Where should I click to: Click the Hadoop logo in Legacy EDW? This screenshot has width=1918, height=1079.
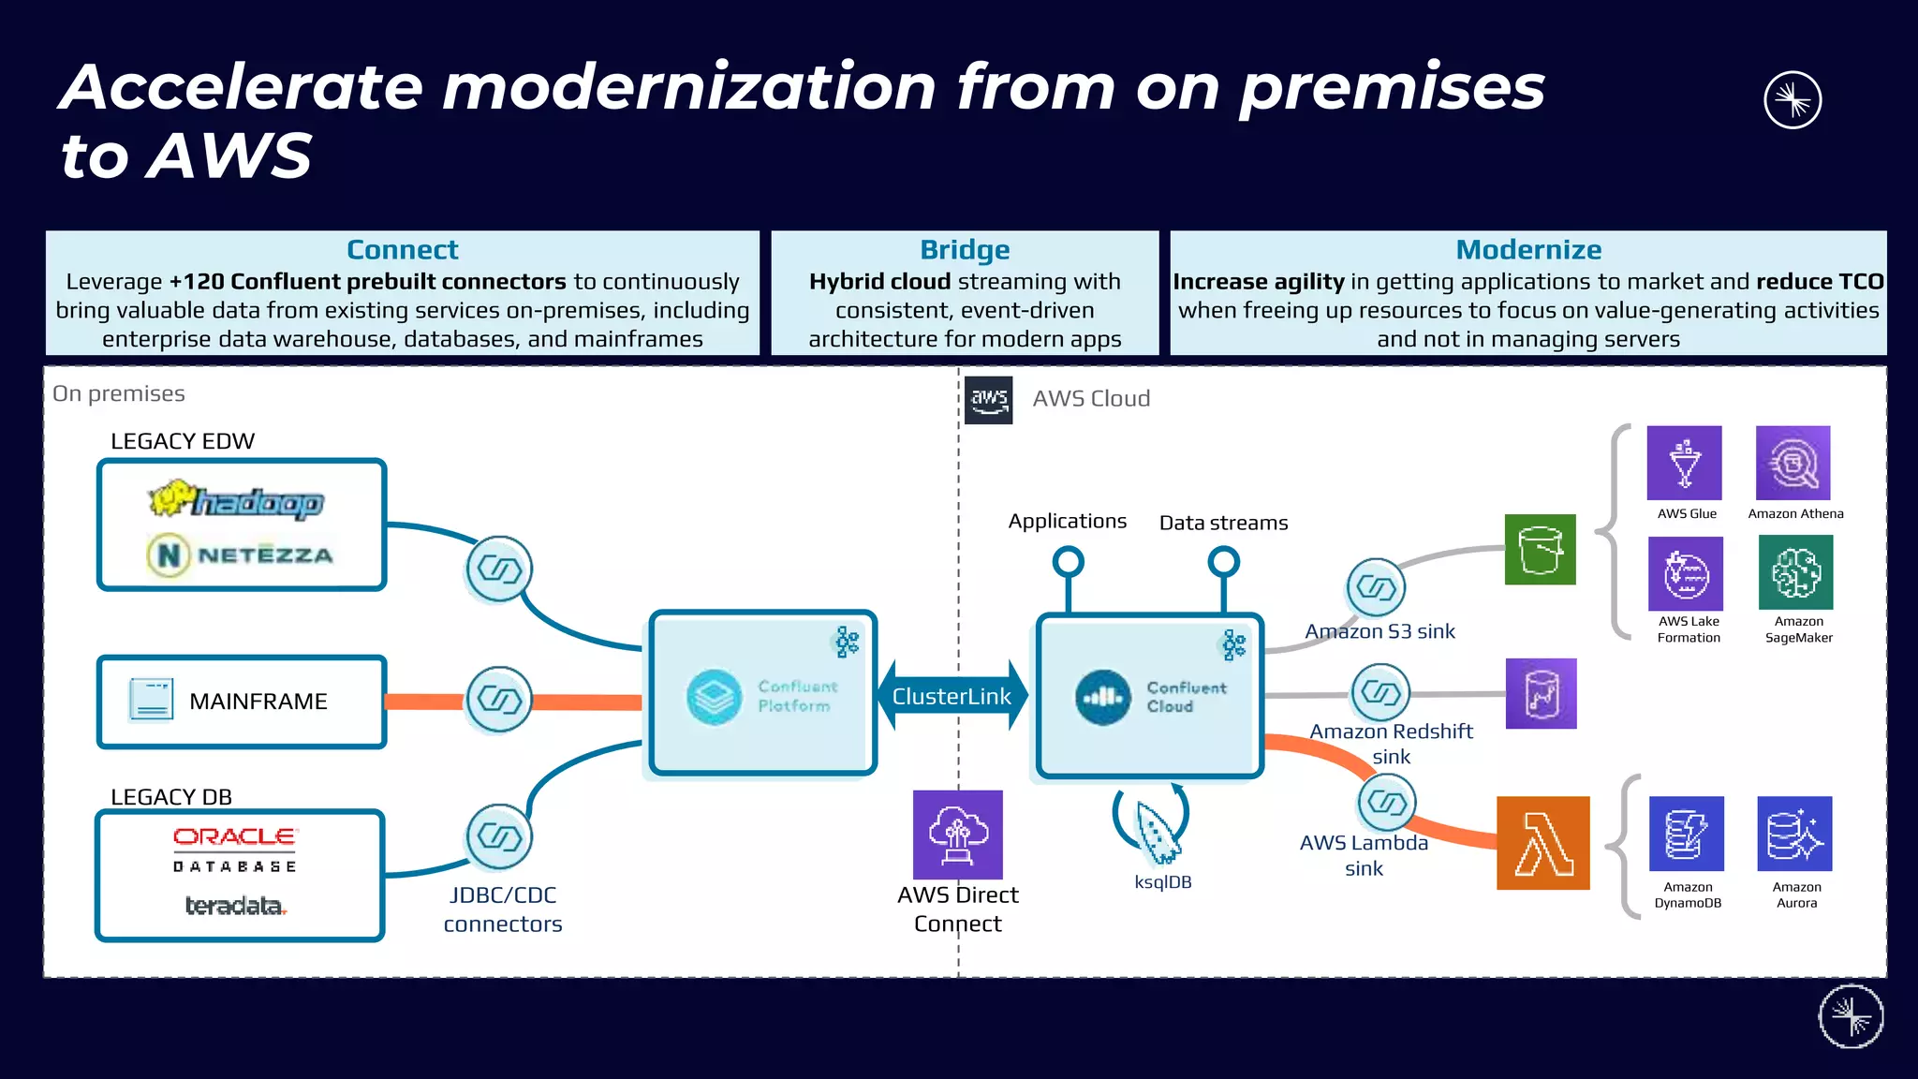tap(236, 500)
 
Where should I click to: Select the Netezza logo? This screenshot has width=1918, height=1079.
tap(241, 554)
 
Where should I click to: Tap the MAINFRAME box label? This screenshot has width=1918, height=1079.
tap(258, 702)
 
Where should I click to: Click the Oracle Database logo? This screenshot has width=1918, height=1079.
tap(234, 849)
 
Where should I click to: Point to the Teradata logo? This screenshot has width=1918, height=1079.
tap(235, 906)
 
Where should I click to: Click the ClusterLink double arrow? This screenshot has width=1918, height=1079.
tap(952, 696)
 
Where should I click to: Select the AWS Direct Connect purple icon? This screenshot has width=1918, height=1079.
tap(957, 835)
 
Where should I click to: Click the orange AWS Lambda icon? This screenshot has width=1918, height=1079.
tap(1542, 843)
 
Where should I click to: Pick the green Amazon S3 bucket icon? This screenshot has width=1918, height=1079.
tap(1540, 550)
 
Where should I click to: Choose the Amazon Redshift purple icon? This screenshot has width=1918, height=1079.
tap(1541, 694)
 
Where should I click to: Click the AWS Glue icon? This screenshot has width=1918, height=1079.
tap(1684, 463)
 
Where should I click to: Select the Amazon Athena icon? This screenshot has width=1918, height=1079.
tap(1793, 463)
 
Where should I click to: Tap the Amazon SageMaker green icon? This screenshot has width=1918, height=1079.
tap(1795, 572)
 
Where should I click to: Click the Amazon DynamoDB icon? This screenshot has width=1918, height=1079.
tap(1686, 834)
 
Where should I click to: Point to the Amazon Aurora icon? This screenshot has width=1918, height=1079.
tap(1794, 834)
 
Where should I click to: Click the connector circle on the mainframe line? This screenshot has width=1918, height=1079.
tap(499, 700)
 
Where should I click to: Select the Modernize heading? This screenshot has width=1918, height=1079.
tap(1528, 250)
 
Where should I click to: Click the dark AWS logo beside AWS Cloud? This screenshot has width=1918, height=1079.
tap(989, 400)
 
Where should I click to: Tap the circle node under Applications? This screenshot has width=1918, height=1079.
tap(1068, 562)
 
